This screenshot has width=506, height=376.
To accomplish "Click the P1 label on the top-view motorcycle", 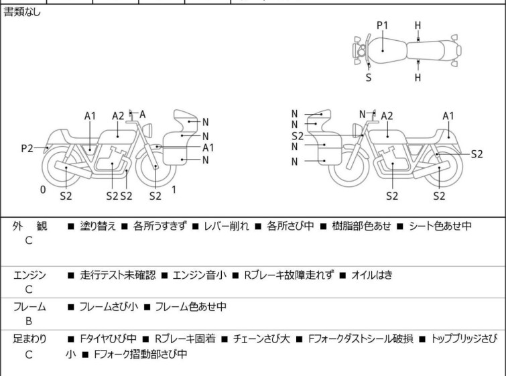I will [x=382, y=25].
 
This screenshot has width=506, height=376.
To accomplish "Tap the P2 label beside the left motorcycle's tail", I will [x=27, y=147].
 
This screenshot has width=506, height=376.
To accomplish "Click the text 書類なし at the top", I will [x=21, y=12].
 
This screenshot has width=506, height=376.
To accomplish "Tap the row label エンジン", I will [x=29, y=275].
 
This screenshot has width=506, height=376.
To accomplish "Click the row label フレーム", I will [x=29, y=307].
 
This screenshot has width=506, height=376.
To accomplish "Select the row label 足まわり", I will [x=29, y=339].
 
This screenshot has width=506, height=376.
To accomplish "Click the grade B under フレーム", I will [x=29, y=322].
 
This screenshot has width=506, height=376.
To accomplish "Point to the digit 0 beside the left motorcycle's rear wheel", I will [x=43, y=190].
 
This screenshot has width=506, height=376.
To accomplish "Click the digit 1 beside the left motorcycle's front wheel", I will [x=174, y=190].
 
